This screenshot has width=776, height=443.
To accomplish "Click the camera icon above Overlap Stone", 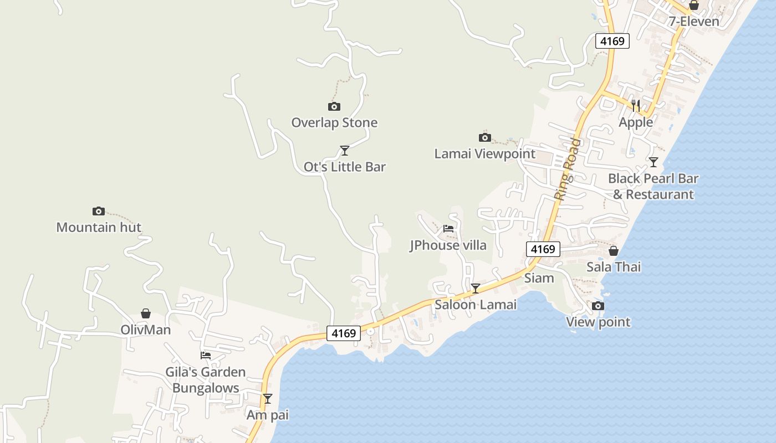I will (334, 106).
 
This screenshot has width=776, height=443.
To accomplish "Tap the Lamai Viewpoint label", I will (484, 153).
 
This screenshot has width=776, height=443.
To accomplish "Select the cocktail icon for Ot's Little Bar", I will (344, 150).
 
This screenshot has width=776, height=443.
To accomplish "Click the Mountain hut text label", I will (99, 227).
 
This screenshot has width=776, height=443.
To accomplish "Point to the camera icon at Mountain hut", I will (99, 211).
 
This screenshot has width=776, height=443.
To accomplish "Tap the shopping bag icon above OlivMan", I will (146, 313).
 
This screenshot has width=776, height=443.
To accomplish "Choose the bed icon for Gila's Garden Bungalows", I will (206, 355).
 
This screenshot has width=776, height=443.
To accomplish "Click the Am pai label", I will (268, 415).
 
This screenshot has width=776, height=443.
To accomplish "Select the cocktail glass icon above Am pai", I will (268, 398).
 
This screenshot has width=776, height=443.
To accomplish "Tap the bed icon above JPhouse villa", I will (448, 228).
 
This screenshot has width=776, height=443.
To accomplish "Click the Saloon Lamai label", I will (476, 304).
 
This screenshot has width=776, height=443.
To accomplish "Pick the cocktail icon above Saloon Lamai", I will (476, 288).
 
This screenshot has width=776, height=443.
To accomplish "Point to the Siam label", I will (539, 277).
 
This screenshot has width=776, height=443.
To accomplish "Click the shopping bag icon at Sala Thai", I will (614, 251).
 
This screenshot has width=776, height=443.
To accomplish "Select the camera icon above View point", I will (598, 306).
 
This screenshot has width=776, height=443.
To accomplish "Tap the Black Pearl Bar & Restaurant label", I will (653, 186).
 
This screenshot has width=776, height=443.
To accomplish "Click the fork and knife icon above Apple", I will (636, 105).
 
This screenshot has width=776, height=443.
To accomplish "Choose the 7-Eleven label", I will (693, 22).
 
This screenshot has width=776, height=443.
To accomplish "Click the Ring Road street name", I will (568, 169).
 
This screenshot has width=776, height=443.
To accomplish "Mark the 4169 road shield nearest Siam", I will (543, 249).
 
